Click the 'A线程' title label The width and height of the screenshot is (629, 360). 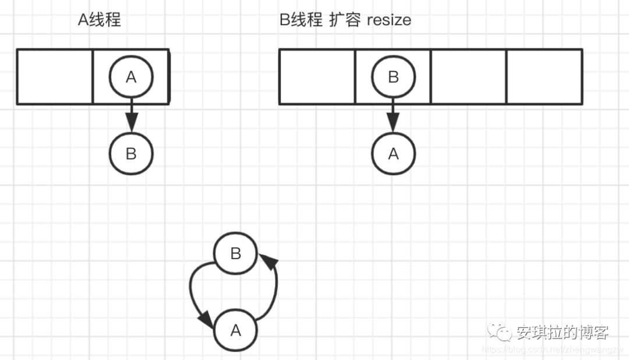coord(100,20)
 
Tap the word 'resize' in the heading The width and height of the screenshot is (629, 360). coord(389,20)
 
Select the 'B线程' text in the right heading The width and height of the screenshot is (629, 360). coord(301,20)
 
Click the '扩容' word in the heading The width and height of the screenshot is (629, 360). coord(345,20)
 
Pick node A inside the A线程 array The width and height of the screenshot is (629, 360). coord(131,77)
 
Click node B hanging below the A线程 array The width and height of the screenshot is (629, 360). coord(131,153)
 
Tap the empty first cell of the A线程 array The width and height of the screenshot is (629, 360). coord(55,77)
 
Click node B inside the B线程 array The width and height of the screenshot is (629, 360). coord(393,77)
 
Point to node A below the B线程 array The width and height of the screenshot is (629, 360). coord(393,153)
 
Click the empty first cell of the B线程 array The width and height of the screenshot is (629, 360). coord(317,77)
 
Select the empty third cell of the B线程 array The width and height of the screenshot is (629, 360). coord(469,77)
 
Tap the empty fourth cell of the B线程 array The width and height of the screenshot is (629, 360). coord(545,77)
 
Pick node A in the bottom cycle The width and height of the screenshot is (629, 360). coord(236,330)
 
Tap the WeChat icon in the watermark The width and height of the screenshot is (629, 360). coord(500,332)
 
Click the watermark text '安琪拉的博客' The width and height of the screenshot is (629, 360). coord(562,332)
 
